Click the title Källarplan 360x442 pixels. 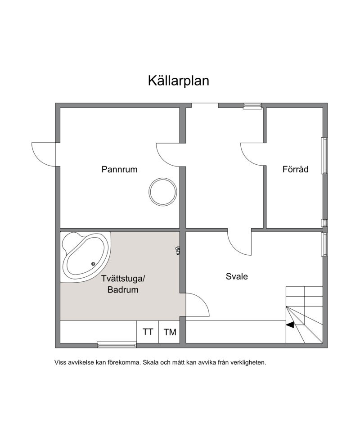point(178,81)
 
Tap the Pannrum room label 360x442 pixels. point(119,170)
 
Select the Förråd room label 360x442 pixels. point(295,170)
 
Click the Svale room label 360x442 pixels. point(237,276)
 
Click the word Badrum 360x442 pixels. point(122,290)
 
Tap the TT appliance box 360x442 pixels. point(148,332)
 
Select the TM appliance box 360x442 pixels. point(170,332)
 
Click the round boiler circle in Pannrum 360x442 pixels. point(162,192)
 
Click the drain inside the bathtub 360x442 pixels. point(94,264)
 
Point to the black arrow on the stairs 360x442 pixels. point(290,324)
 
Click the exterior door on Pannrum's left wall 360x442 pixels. point(44,154)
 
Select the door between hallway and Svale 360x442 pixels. point(240,243)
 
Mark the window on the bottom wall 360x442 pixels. point(117,345)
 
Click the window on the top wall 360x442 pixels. point(252,106)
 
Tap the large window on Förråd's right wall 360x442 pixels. point(324,156)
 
